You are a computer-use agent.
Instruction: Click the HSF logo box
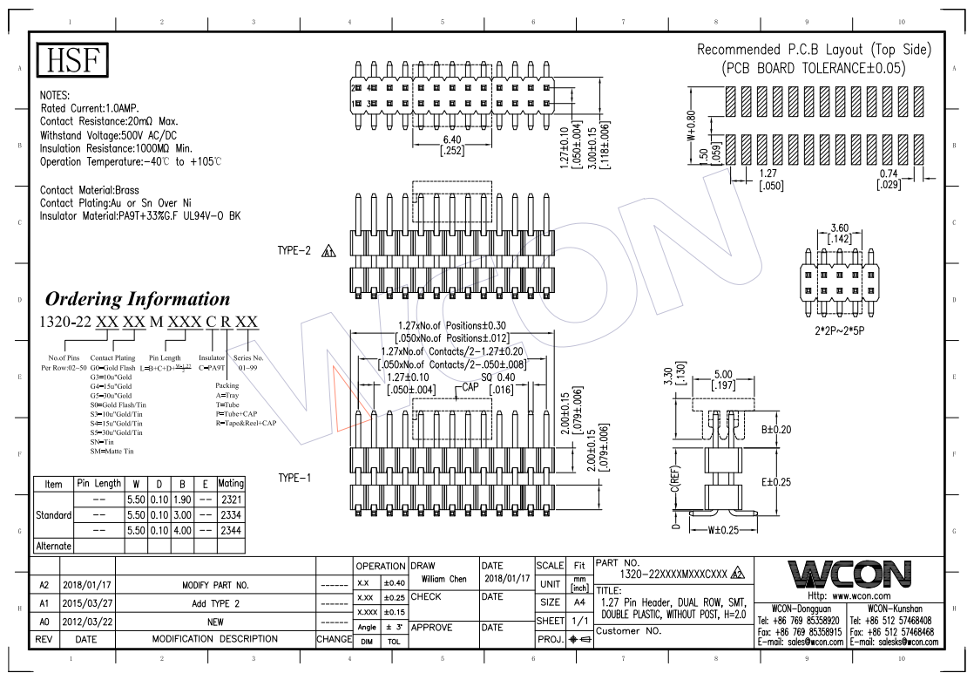[x=74, y=60]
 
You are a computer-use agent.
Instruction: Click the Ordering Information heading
[x=138, y=299]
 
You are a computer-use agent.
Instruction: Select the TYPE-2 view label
[x=294, y=251]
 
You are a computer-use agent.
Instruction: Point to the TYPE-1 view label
[x=294, y=478]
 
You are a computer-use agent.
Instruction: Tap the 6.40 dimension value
[x=452, y=139]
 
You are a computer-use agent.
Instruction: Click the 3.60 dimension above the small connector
[x=841, y=228]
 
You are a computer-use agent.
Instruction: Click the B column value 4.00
[x=182, y=530]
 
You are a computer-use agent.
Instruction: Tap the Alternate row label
[x=53, y=546]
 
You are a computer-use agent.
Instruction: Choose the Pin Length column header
[x=99, y=483]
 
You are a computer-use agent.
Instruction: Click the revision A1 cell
[x=44, y=603]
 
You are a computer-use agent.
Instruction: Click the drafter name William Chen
[x=443, y=579]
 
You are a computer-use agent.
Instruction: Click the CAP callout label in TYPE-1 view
[x=470, y=386]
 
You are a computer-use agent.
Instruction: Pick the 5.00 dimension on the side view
[x=723, y=375]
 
